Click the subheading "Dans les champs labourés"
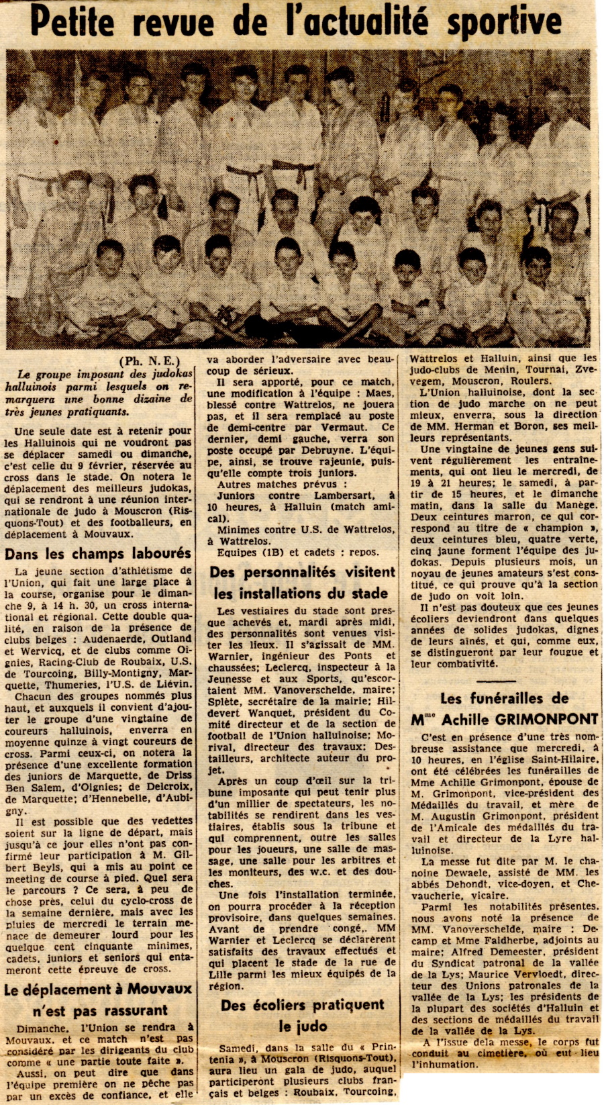[x=98, y=554]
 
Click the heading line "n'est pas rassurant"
[x=100, y=1010]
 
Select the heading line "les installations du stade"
[x=301, y=593]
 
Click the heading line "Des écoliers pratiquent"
[x=302, y=1005]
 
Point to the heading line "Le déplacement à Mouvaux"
[x=98, y=989]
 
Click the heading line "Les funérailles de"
[x=504, y=698]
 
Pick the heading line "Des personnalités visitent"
[x=302, y=573]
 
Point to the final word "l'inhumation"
[x=444, y=1064]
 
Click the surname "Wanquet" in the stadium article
[x=272, y=712]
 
